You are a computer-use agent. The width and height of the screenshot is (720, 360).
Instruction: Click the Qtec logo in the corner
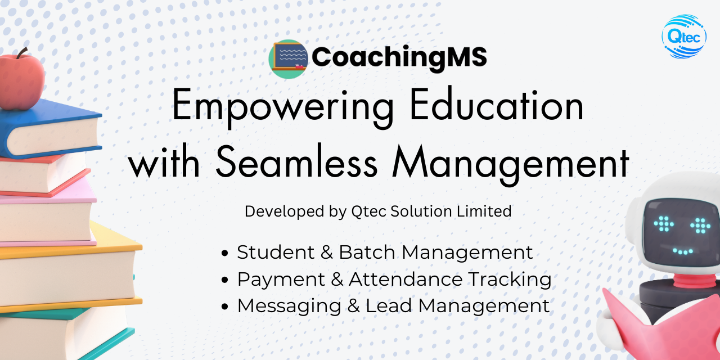(x=683, y=37)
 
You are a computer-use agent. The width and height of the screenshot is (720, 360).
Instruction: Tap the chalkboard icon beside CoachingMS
(x=289, y=58)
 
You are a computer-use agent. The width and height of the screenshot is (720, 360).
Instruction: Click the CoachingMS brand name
(x=399, y=57)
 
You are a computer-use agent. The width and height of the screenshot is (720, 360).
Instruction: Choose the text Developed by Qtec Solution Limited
(x=378, y=211)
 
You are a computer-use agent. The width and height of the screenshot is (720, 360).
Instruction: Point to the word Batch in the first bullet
(x=368, y=253)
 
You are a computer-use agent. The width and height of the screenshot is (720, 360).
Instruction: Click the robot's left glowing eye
(x=664, y=223)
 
